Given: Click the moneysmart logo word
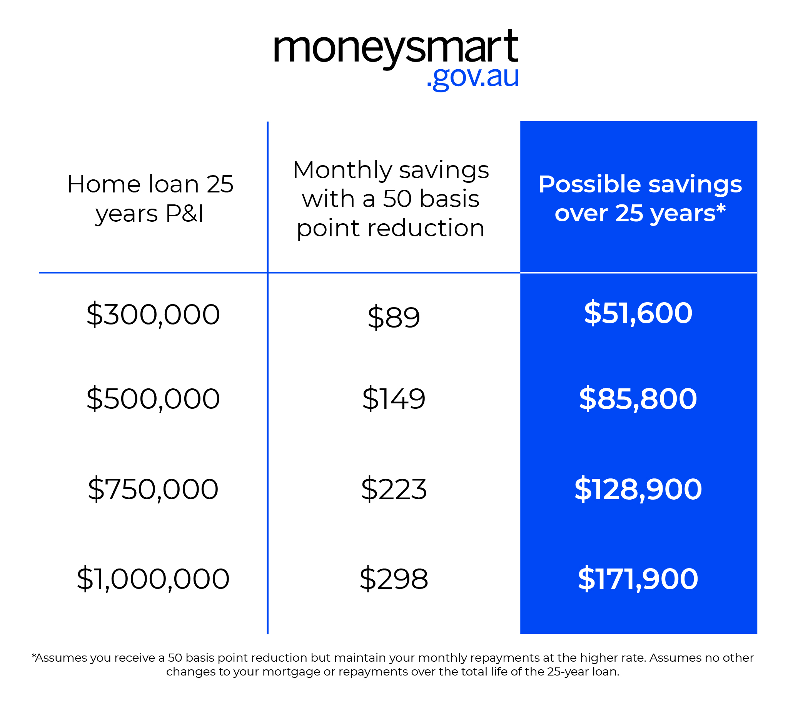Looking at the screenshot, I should pos(395,47).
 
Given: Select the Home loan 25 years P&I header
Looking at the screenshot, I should pos(150,198).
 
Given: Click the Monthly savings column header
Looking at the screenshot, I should pos(391,198).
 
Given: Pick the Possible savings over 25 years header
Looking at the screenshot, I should pos(640,198).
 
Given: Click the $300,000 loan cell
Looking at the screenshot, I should pos(153,314).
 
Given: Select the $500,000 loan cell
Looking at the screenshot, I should pos(153,399).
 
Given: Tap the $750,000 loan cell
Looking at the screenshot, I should pos(153,489).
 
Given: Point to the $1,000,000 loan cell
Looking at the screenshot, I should pos(153,579).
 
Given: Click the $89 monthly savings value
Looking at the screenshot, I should pos(394,318).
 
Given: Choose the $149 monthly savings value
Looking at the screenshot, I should pos(394,399).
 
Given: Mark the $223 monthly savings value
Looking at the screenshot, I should pos(394,489).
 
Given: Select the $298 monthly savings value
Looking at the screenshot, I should pos(394,579).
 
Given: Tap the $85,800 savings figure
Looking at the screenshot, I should pos(638,399).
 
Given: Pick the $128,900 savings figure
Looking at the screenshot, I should pos(638,489).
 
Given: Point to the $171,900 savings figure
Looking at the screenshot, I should pos(638,579).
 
